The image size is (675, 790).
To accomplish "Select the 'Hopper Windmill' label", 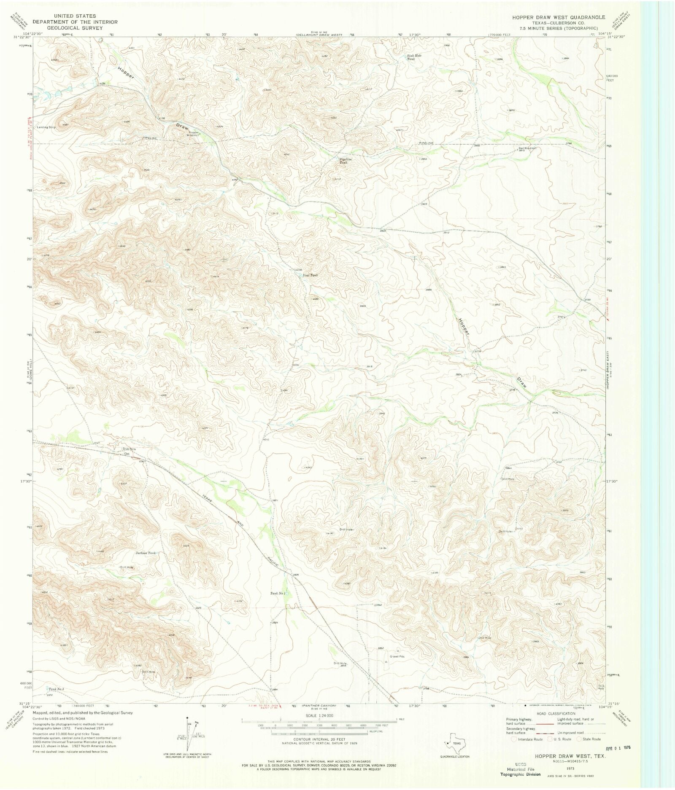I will point(193,134).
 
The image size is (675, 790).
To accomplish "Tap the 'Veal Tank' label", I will point(310,275).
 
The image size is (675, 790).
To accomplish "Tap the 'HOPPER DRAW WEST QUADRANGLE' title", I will point(558,17).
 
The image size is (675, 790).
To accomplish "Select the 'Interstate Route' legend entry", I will point(529,739).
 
